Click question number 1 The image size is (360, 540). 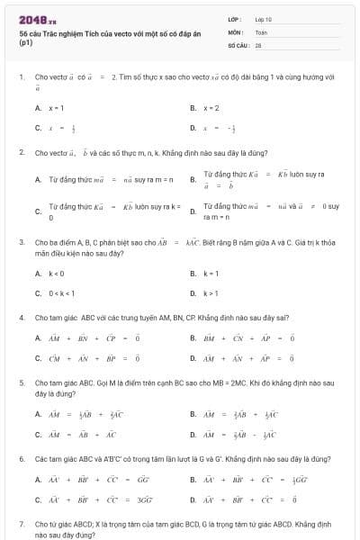pos(21,77)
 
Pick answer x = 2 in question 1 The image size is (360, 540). pos(211,108)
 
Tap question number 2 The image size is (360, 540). pos(21,152)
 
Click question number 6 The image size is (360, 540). pos(21,459)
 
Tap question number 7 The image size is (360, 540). pos(21,523)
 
